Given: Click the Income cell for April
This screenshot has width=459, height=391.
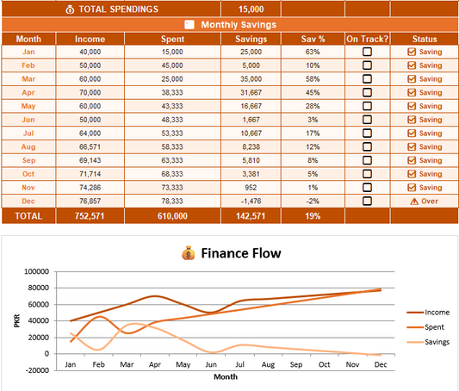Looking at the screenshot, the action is [90, 92].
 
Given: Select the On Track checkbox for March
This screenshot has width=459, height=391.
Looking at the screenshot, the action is [367, 78].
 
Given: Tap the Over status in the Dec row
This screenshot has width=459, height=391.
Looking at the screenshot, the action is [425, 201].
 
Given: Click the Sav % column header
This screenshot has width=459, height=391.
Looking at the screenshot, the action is [313, 39].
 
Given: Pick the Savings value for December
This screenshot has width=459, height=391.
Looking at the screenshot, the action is [251, 201].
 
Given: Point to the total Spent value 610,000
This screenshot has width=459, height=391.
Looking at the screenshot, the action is [172, 216].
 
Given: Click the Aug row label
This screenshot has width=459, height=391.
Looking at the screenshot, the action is [28, 146].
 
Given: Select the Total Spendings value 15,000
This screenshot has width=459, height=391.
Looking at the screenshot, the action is [251, 9].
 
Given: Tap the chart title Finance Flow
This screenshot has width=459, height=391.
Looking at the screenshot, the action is [241, 253].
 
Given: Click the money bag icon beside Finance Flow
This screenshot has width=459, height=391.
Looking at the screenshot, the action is [189, 253].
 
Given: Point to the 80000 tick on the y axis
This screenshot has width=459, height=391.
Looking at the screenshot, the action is [39, 288].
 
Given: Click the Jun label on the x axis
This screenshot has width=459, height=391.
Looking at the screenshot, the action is [211, 364].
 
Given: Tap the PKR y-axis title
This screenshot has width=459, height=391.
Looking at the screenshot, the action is [17, 320].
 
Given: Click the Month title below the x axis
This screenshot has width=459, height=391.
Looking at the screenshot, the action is [226, 376].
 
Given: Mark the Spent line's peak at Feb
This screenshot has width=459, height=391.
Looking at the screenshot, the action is [100, 317].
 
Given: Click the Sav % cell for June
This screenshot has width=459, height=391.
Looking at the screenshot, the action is [313, 120].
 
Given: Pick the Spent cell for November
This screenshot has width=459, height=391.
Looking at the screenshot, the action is [172, 187].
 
